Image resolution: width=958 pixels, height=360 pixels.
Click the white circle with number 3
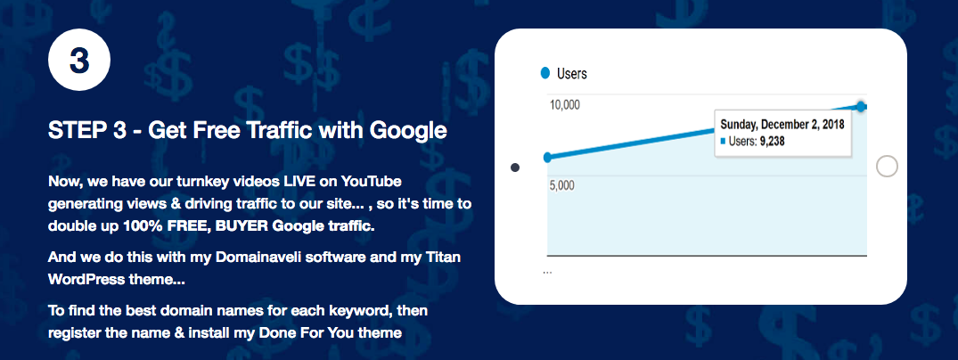tap(78, 60)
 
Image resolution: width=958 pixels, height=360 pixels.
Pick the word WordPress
tap(86, 279)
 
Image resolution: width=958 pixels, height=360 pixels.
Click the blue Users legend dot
tap(545, 73)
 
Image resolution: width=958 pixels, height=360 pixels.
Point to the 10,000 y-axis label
tap(565, 105)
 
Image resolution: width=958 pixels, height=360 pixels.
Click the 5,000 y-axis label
tap(562, 186)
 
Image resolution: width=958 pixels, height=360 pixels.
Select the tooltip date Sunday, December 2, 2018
tap(782, 125)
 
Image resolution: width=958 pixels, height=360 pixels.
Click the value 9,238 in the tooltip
tap(772, 142)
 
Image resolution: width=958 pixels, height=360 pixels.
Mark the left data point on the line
tap(547, 157)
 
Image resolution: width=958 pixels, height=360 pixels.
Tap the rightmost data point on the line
tap(862, 107)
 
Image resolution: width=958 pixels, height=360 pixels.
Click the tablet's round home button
tap(887, 167)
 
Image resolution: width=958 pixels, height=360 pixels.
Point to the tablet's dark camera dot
tap(515, 168)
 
